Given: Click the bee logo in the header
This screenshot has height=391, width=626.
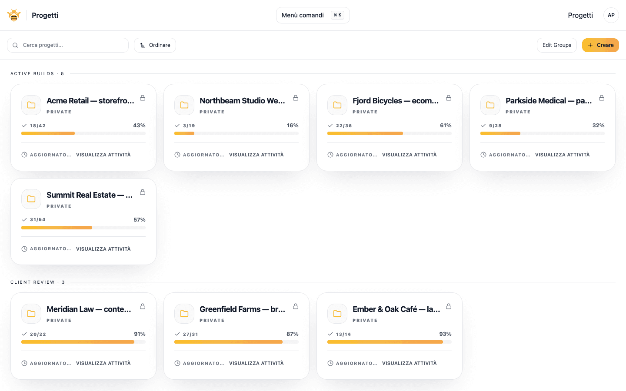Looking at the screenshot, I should point(14,15).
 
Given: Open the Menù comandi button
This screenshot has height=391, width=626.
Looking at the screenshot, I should point(313,15).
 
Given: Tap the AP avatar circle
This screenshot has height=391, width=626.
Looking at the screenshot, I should point(611,15).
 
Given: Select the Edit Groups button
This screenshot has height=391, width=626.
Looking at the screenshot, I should point(556,45).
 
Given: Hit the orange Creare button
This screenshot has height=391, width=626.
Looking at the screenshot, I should point(600,45).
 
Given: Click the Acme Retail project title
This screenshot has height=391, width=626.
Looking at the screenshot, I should point(90,101).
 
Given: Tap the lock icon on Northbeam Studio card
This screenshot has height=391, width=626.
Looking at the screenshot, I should point(296,98).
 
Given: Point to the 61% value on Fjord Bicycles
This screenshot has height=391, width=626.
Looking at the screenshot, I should point(446,126).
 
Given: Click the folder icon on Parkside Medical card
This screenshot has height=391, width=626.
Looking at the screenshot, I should point(490,105).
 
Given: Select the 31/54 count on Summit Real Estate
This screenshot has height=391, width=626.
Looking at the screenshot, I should point(37,220).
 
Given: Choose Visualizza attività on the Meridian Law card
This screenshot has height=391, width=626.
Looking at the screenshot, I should point(103,363).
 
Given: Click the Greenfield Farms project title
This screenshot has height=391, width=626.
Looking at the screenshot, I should point(242,309).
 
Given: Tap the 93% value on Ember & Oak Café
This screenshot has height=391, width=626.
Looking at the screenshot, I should point(445,334).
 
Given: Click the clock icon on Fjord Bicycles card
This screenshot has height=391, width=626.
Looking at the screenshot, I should point(330,155).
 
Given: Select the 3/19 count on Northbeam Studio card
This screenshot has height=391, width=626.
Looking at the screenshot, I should point(189,126).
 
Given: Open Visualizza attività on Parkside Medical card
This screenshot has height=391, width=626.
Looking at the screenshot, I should point(562,155).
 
